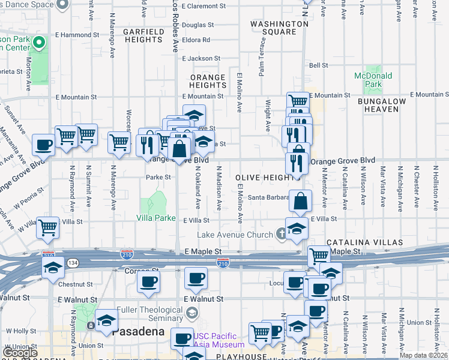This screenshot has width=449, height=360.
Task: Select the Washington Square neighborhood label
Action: click(279, 28)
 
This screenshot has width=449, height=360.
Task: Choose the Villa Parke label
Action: click(156, 218)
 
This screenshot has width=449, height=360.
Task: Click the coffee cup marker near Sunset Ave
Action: click(44, 145)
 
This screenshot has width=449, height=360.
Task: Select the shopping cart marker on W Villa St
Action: click(47, 227)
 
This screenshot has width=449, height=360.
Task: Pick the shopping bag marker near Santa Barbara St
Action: click(300, 200)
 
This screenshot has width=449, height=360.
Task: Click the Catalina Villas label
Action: click(356, 242)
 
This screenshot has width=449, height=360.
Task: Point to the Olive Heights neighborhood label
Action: click(268, 178)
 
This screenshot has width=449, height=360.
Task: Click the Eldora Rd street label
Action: click(198, 40)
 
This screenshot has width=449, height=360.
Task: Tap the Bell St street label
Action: click(318, 65)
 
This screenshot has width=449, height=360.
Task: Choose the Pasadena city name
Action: click(136, 332)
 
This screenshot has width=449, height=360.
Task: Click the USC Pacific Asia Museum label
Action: click(219, 340)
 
